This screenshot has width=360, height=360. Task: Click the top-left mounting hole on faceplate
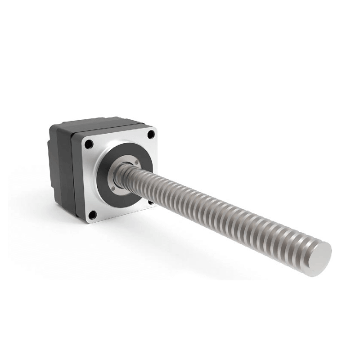point(89,144)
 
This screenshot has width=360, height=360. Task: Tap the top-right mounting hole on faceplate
point(151,134)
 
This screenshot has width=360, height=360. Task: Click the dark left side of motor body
point(61,171)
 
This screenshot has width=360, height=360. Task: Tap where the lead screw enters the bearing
point(124,173)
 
